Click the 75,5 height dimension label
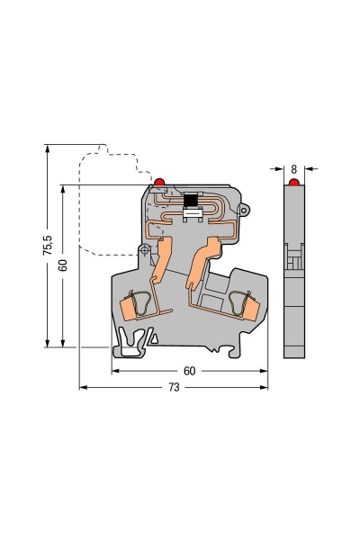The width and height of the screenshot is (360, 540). tap(48, 245)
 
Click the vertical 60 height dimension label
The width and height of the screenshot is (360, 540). tap(63, 265)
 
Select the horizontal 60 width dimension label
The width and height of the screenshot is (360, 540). tap(190, 371)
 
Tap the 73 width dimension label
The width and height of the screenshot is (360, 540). tap(175, 387)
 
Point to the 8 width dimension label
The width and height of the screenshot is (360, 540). tap(294, 169)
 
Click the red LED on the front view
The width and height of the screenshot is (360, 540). tap(159, 182)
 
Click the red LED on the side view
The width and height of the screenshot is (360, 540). tap(294, 182)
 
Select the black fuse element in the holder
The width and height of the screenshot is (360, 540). tap(190, 200)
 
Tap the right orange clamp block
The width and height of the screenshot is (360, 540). tap(251, 310)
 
